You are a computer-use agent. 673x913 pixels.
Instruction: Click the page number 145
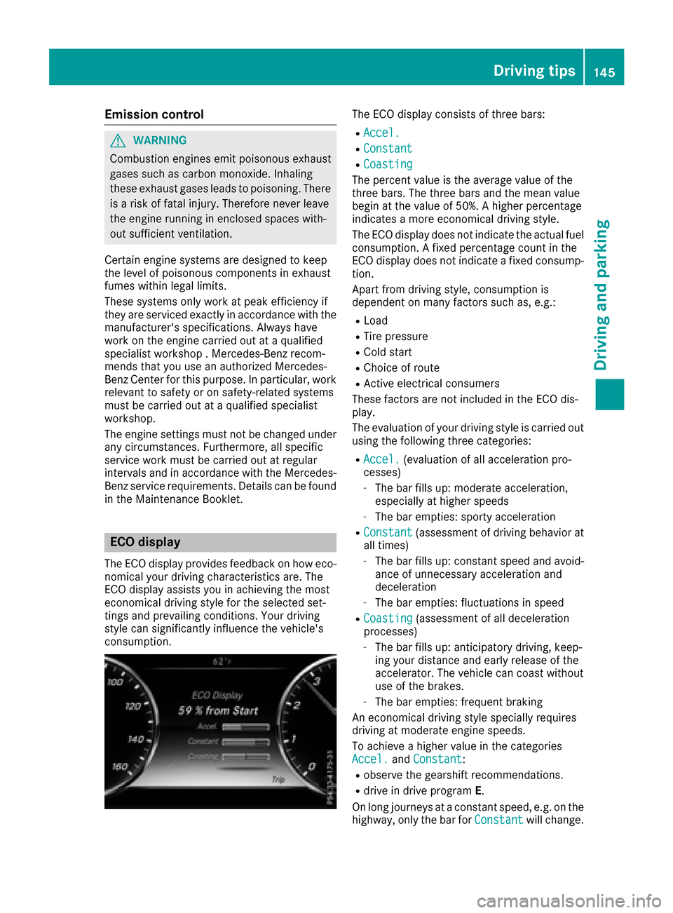604,72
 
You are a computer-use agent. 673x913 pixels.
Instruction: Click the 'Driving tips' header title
533,71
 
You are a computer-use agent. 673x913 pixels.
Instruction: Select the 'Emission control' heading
154,114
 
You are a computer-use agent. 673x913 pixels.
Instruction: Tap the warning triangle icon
118,141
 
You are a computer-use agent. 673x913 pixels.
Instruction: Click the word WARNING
160,141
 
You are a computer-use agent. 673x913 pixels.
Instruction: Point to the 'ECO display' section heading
145,542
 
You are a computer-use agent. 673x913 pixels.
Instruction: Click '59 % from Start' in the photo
218,710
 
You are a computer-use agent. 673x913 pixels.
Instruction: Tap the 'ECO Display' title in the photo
217,695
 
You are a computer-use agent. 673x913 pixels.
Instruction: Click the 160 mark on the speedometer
120,766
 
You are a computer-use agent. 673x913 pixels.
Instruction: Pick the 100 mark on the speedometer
115,682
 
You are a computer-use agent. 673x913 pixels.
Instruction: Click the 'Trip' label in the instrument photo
278,779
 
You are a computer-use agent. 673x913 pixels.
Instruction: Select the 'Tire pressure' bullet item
395,337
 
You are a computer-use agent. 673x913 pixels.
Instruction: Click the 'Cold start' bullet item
388,352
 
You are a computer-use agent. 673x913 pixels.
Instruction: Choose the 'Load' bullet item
376,320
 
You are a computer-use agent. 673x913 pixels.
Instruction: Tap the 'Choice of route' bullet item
402,368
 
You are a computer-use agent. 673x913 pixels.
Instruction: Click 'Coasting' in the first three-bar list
388,164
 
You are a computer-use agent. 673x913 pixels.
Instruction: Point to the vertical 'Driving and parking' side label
601,295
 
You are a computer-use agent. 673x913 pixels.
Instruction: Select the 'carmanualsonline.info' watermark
569,900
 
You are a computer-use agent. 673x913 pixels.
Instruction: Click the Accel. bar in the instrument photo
245,727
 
